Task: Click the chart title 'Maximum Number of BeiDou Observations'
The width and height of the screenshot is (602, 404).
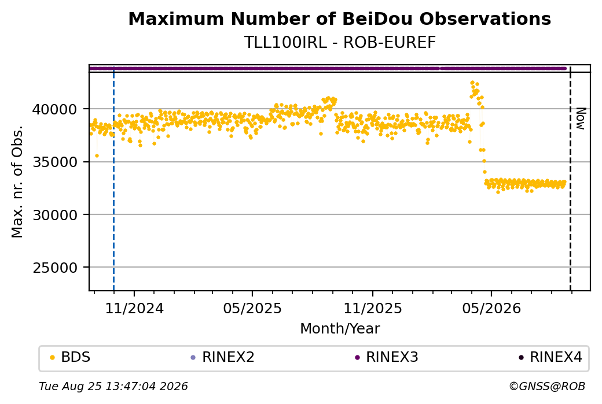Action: point(339,18)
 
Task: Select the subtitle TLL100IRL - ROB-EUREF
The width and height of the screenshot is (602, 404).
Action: point(340,43)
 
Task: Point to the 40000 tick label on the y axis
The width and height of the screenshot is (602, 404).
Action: point(55,110)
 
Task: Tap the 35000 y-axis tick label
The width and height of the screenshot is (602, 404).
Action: point(55,162)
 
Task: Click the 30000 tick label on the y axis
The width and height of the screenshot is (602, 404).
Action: point(55,215)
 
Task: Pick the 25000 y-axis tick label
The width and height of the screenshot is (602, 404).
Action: point(55,268)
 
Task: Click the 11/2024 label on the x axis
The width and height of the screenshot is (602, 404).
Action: point(134,308)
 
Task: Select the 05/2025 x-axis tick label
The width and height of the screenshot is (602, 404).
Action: point(252,308)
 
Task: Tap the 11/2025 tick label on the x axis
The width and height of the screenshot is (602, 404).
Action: point(372,308)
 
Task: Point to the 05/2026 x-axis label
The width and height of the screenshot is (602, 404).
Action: point(491,308)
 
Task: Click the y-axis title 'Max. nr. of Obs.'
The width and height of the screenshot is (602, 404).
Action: point(17,181)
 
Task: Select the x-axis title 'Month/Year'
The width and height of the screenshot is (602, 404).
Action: point(340,329)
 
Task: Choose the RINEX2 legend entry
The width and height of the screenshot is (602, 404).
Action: point(223,357)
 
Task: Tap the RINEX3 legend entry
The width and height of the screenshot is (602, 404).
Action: point(387,357)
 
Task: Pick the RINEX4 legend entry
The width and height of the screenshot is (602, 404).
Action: point(550,357)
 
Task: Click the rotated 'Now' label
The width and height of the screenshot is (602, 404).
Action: point(581,119)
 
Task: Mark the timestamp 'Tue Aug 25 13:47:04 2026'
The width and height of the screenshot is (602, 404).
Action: point(113,386)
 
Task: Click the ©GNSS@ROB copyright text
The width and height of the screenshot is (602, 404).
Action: point(547,386)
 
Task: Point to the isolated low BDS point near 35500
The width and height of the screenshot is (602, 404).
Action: point(97,155)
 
